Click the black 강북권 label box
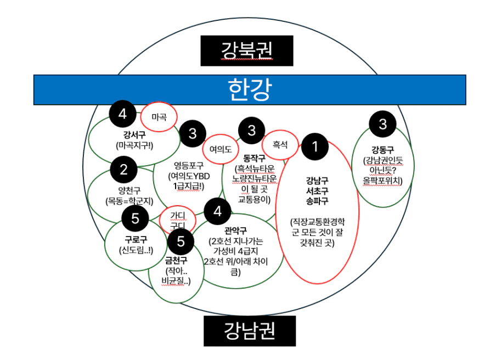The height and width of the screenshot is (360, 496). point(247,50)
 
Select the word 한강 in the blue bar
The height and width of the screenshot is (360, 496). point(249,89)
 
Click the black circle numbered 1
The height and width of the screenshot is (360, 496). point(315,147)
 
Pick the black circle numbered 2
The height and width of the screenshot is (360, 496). point(123,169)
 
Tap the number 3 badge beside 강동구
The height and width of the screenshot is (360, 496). point(382,125)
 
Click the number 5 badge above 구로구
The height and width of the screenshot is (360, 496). point(136,220)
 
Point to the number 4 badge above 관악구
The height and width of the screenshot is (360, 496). point(218,211)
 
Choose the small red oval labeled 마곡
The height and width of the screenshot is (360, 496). point(159,116)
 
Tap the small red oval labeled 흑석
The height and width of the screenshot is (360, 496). point(280,145)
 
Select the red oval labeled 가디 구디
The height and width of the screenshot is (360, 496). point(178,220)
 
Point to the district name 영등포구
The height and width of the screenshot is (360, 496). point(189,164)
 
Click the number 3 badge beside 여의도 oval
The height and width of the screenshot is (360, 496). point(193,133)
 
